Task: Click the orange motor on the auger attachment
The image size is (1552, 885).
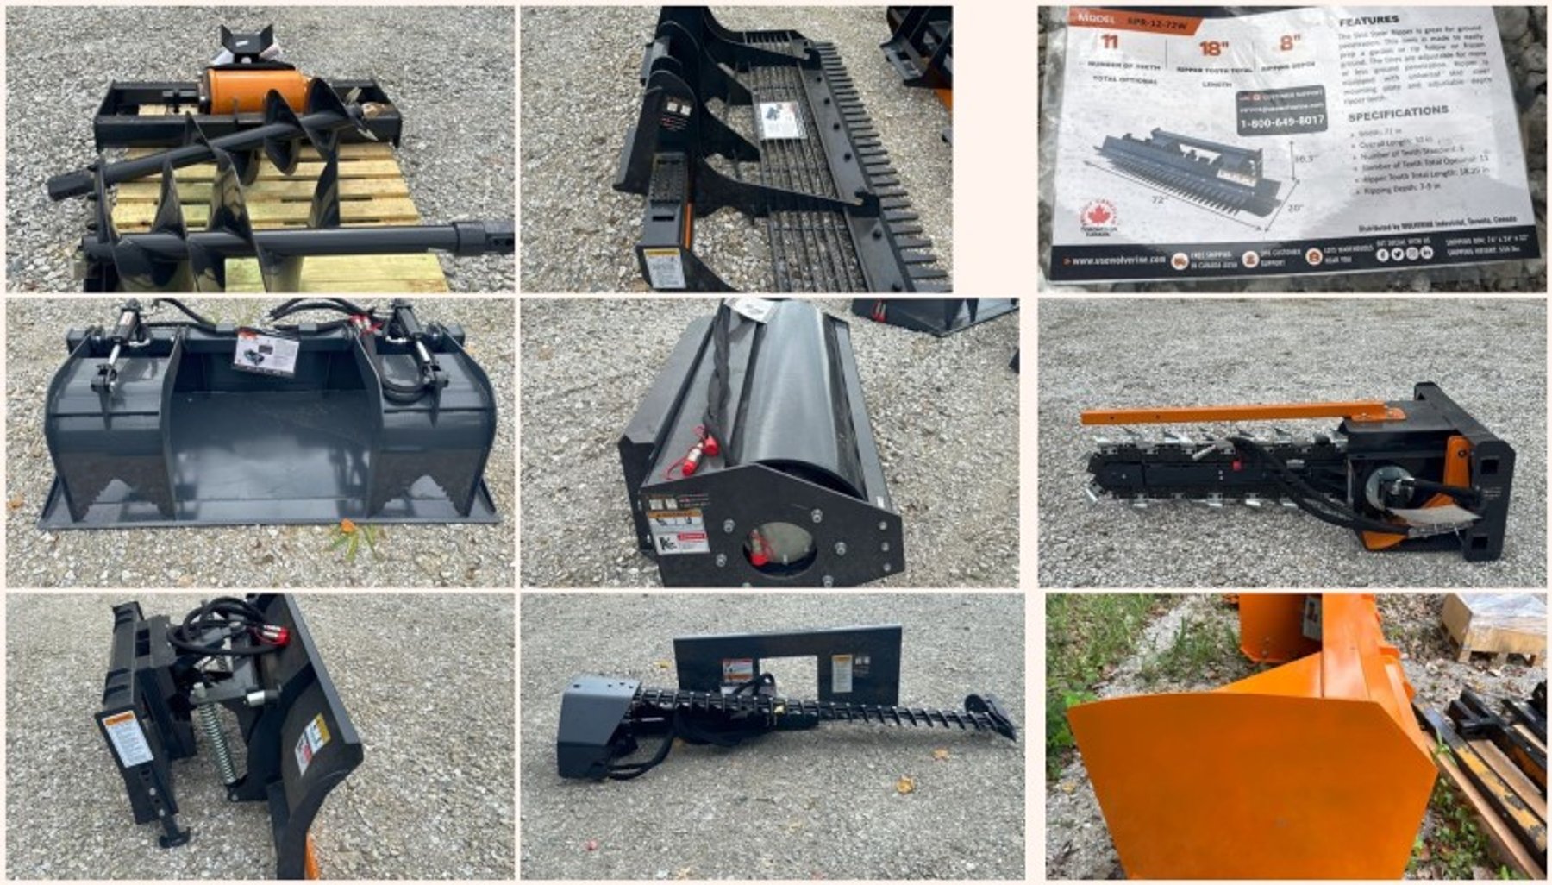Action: click(x=254, y=90)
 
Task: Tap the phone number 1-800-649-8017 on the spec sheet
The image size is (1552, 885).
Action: click(x=1281, y=122)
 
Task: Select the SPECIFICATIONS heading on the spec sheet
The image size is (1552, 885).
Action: click(x=1397, y=113)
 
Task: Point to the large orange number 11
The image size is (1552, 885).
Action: click(x=1109, y=41)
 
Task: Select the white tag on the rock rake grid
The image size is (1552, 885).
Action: click(x=779, y=120)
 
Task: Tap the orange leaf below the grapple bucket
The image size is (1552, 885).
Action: click(x=347, y=526)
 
